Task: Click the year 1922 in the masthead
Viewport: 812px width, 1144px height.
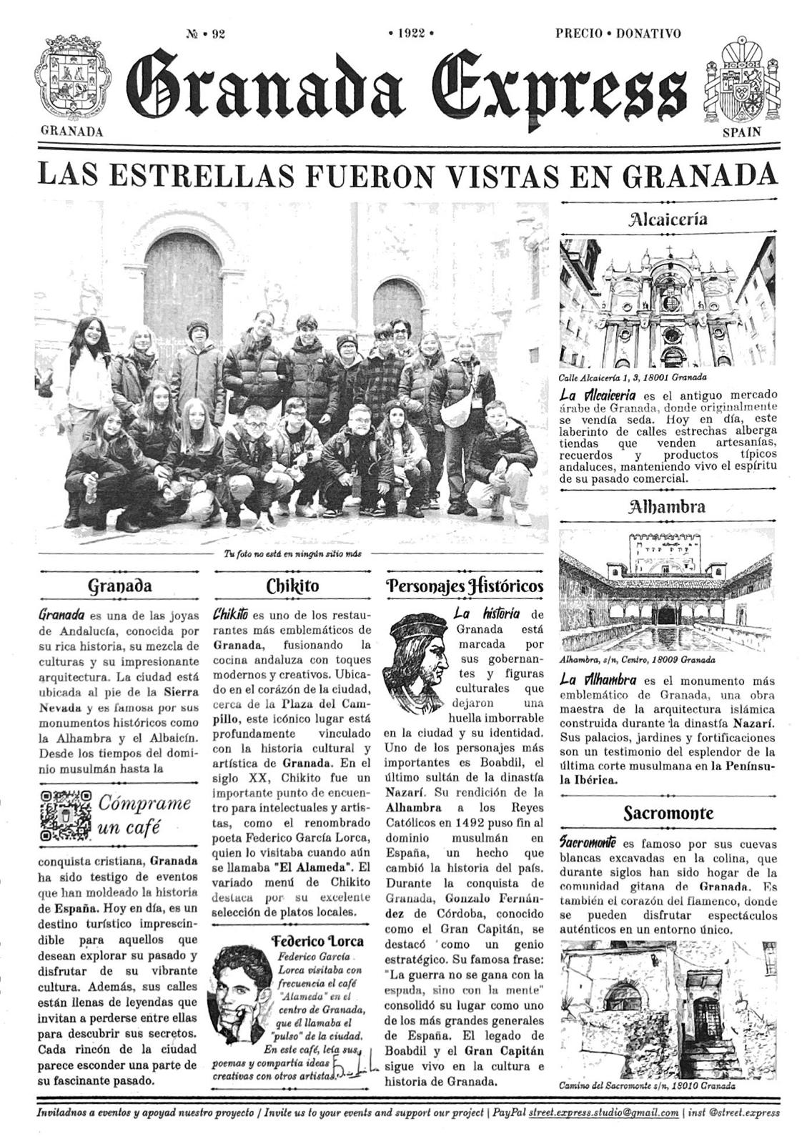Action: (x=411, y=33)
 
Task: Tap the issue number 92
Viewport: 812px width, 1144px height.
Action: (x=205, y=33)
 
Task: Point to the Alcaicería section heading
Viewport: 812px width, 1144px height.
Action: (x=668, y=219)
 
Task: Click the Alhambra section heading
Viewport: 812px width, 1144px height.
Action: (x=668, y=508)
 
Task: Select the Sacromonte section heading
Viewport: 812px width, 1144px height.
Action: (x=668, y=813)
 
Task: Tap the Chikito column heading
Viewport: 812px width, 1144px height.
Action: (x=292, y=586)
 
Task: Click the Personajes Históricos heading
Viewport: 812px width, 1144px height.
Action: (x=465, y=586)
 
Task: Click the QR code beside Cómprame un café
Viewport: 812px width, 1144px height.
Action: (x=66, y=816)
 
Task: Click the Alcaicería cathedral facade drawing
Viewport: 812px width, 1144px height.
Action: (x=668, y=303)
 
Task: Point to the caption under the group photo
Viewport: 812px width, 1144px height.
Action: (x=293, y=553)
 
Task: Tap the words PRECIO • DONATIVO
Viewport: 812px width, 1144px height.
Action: (x=618, y=33)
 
